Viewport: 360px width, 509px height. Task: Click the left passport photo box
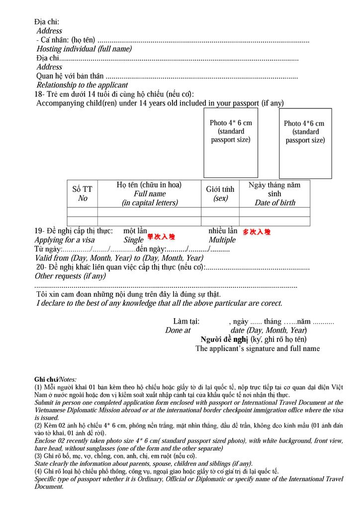pyautogui.click(x=231, y=143)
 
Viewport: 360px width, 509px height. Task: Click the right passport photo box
pyautogui.click(x=305, y=144)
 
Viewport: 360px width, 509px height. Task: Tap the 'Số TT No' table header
pyautogui.click(x=83, y=193)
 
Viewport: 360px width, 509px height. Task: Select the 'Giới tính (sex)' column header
pyautogui.click(x=220, y=193)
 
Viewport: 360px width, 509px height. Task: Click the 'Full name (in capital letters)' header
pyautogui.click(x=149, y=193)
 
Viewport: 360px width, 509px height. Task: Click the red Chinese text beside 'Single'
pyautogui.click(x=161, y=237)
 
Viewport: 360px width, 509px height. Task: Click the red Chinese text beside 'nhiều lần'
pyautogui.click(x=257, y=232)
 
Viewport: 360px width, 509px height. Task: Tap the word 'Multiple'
pyautogui.click(x=222, y=240)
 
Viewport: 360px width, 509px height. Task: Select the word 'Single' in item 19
pyautogui.click(x=134, y=240)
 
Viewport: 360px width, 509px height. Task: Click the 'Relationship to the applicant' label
pyautogui.click(x=82, y=85)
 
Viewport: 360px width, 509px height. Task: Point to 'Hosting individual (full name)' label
pyautogui.click(x=84, y=49)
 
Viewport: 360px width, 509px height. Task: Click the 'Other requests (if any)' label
pyautogui.click(x=70, y=276)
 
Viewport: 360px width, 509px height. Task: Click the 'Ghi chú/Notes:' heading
pyautogui.click(x=55, y=379)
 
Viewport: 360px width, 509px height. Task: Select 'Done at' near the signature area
pyautogui.click(x=178, y=330)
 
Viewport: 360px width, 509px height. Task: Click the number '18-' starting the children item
pyautogui.click(x=40, y=94)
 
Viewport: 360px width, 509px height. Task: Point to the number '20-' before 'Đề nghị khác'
pyautogui.click(x=41, y=267)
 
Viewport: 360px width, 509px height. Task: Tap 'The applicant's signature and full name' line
pyautogui.click(x=257, y=348)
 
